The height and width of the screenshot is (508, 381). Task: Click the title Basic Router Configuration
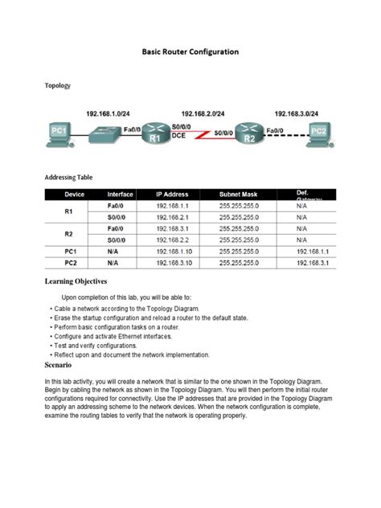pyautogui.click(x=191, y=51)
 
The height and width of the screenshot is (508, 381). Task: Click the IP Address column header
pyautogui.click(x=173, y=195)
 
